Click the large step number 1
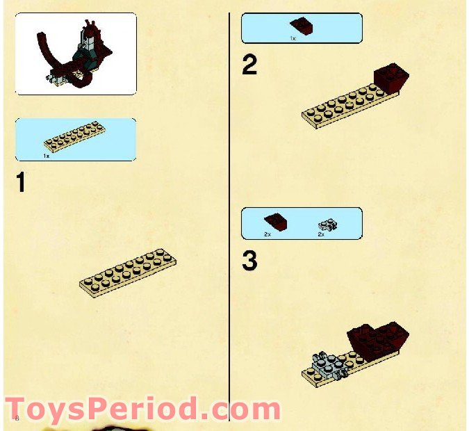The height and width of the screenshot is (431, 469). (x=21, y=184)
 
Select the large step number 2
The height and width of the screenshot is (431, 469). (x=249, y=65)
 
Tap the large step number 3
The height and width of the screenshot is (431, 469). (x=249, y=261)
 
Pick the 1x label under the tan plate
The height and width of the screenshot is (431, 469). (x=47, y=156)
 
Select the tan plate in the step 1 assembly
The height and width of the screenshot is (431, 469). (x=128, y=271)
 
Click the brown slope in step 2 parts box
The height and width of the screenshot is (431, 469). (x=301, y=26)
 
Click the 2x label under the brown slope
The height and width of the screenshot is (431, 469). (x=267, y=234)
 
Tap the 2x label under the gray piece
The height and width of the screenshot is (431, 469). (x=321, y=234)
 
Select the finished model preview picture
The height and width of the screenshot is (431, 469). (x=76, y=54)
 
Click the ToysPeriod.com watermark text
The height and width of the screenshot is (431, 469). (x=142, y=407)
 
